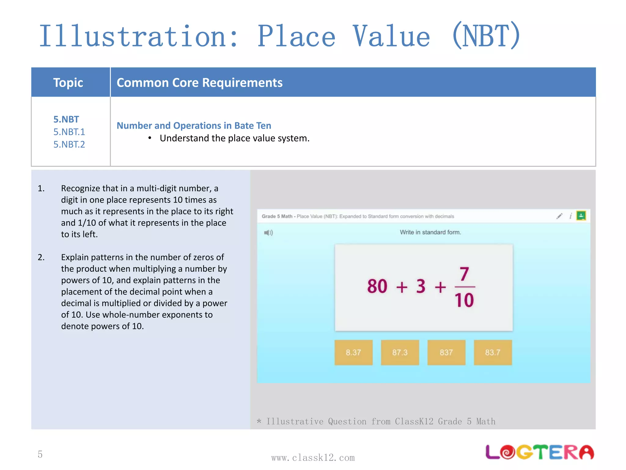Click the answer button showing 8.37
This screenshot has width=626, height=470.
(353, 352)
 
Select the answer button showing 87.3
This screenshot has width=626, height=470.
(400, 352)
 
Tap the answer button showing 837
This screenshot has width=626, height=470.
(446, 352)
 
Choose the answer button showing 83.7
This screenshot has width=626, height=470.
(493, 352)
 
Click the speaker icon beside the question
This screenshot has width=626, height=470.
(268, 233)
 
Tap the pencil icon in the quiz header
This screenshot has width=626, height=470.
(559, 216)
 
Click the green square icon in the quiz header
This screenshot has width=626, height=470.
(581, 216)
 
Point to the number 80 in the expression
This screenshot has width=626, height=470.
(377, 286)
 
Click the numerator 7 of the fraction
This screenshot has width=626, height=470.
(464, 274)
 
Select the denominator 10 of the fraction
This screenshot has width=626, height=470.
(464, 300)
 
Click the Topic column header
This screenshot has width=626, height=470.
(68, 83)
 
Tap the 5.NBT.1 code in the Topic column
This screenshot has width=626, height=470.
(69, 132)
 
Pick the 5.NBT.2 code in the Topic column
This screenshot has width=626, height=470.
(69, 144)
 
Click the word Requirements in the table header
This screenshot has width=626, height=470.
(242, 83)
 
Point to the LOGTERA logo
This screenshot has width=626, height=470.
(539, 452)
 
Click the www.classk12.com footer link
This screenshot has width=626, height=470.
(313, 458)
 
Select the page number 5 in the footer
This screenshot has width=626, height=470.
(40, 454)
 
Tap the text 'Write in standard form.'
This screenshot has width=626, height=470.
(430, 232)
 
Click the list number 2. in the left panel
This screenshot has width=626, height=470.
(41, 257)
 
